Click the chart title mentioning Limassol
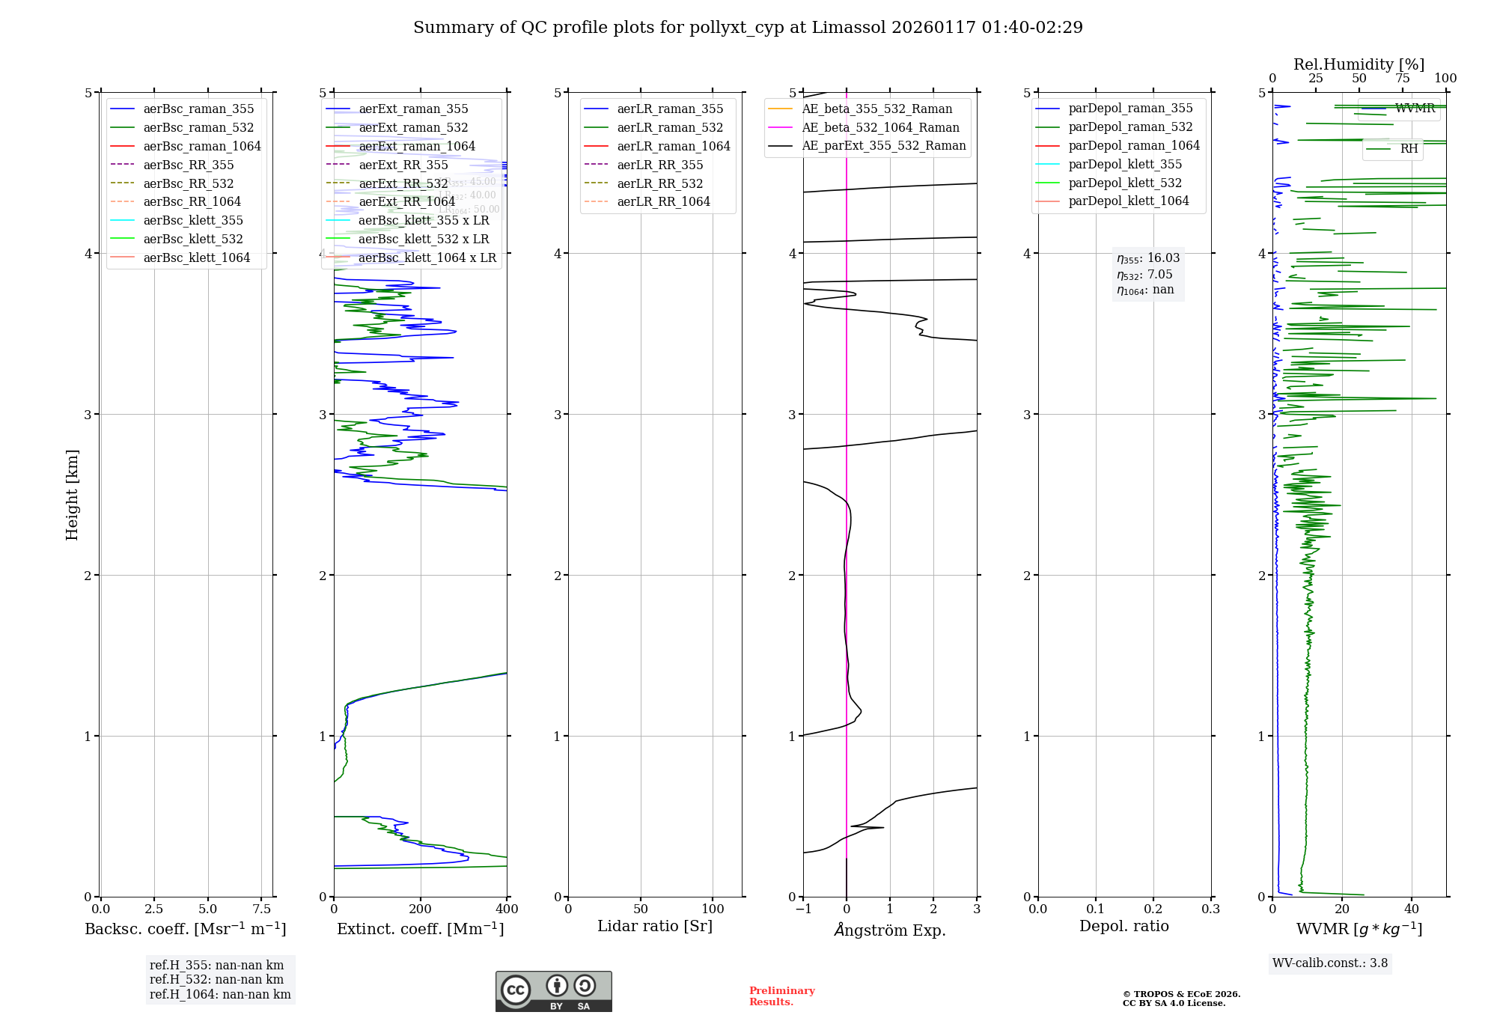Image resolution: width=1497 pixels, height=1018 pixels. pyautogui.click(x=748, y=28)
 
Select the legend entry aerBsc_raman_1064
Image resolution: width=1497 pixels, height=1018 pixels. pyautogui.click(x=202, y=146)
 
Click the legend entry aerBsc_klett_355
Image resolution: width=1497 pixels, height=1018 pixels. pyautogui.click(x=193, y=220)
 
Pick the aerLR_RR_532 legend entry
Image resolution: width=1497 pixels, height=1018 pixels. pyautogui.click(x=659, y=183)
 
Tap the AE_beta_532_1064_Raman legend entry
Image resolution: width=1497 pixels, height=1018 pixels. pyautogui.click(x=880, y=127)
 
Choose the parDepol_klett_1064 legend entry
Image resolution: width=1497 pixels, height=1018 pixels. pyautogui.click(x=1128, y=201)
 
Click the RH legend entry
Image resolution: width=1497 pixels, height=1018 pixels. pyautogui.click(x=1409, y=149)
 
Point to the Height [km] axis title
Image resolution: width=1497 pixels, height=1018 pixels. pyautogui.click(x=72, y=495)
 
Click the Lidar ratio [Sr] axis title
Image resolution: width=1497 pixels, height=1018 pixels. pyautogui.click(x=655, y=926)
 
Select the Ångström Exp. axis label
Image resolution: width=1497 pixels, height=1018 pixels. pyautogui.click(x=890, y=930)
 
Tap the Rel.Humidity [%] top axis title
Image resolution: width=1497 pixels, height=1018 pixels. pyautogui.click(x=1359, y=64)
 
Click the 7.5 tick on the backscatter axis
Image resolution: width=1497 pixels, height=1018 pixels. pyautogui.click(x=261, y=909)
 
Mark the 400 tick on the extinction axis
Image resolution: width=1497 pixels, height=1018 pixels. pyautogui.click(x=507, y=909)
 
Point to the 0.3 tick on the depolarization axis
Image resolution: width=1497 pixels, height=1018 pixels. pyautogui.click(x=1210, y=909)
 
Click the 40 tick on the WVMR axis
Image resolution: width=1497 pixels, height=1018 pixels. pyautogui.click(x=1412, y=909)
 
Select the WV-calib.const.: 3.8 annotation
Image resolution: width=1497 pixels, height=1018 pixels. pyautogui.click(x=1330, y=963)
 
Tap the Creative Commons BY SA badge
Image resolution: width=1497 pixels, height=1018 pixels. pyautogui.click(x=553, y=991)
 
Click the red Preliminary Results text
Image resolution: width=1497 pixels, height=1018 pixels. pyautogui.click(x=781, y=996)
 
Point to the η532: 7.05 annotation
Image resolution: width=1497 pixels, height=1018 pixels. pyautogui.click(x=1145, y=275)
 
